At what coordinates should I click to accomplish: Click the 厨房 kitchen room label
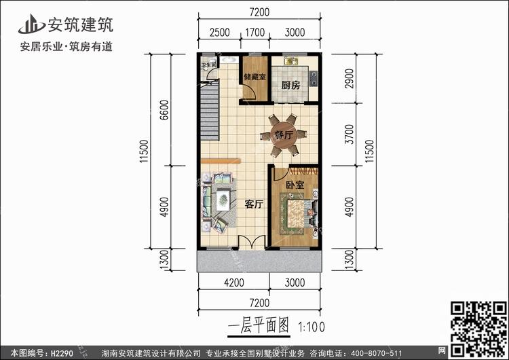[292, 86]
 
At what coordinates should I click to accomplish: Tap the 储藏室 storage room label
[254, 77]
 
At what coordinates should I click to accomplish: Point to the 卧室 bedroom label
[295, 185]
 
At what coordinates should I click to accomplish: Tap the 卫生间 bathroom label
[208, 66]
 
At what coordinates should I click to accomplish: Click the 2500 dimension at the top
[219, 31]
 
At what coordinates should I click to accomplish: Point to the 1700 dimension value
[254, 31]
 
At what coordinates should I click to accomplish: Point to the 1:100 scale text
[312, 326]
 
